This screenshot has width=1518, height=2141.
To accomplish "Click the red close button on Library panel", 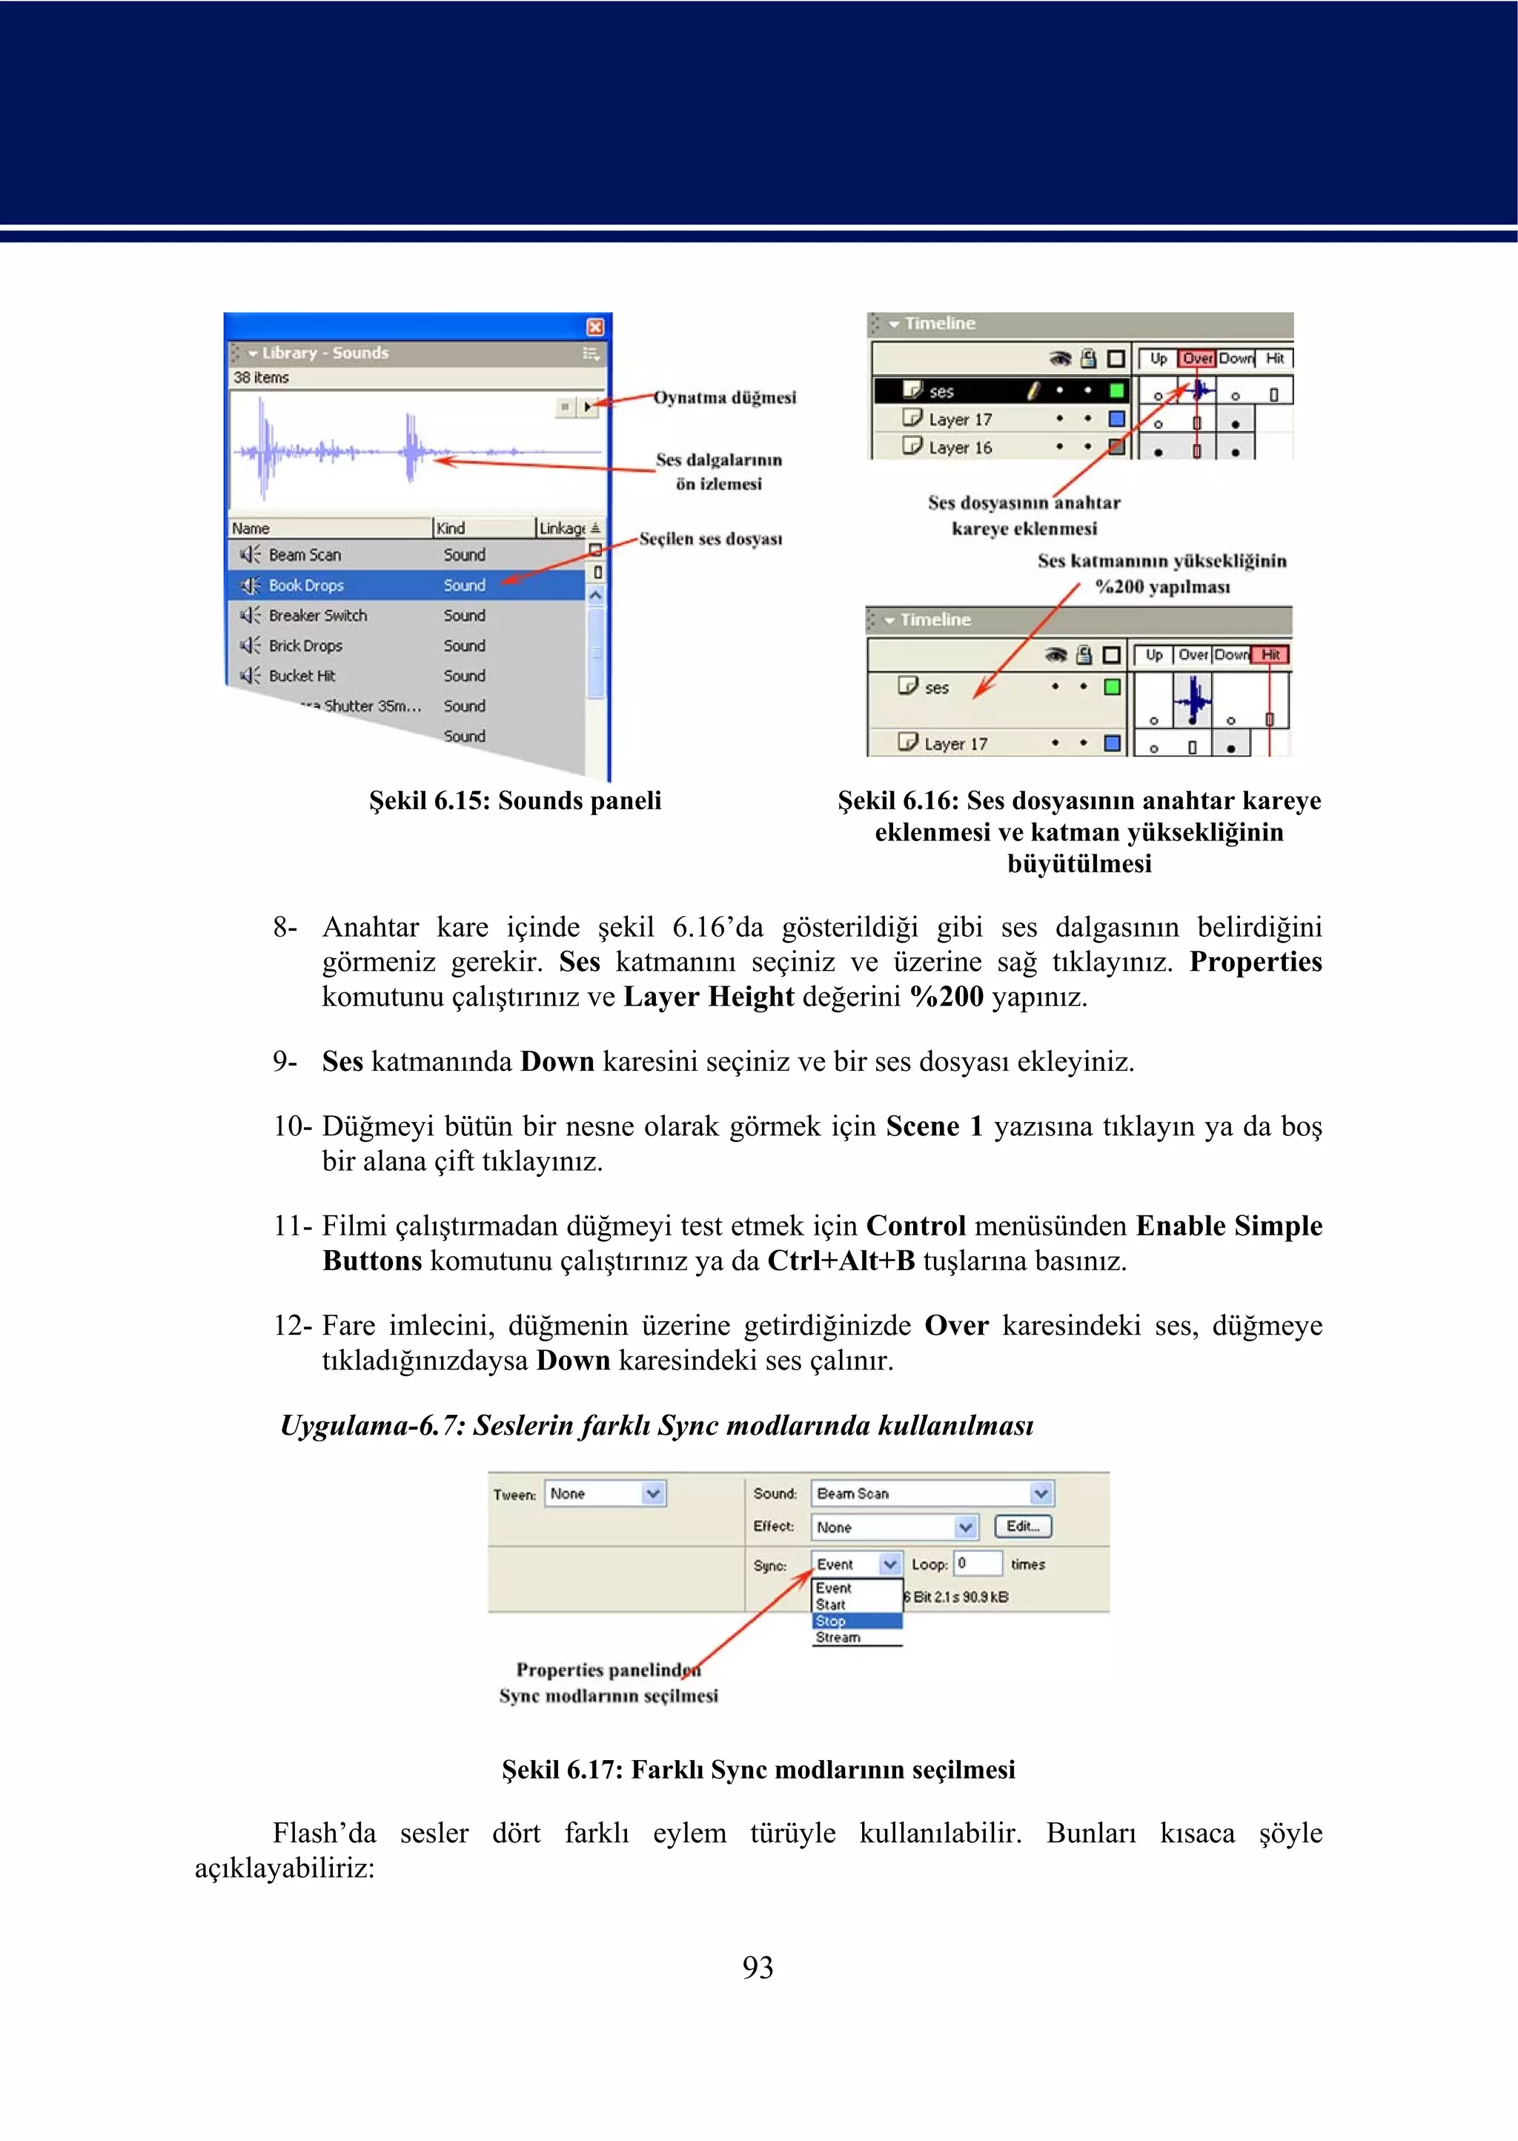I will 594,327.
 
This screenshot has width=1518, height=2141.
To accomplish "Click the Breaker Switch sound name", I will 318,615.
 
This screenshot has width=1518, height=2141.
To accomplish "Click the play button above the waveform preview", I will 587,407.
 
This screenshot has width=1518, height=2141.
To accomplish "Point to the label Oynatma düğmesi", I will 724,397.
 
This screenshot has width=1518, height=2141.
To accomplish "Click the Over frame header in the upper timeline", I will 1196,359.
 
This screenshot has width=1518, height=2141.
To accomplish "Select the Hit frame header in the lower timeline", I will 1270,655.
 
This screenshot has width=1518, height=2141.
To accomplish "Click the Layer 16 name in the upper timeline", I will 960,448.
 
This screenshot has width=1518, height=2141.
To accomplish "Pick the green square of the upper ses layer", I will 1116,391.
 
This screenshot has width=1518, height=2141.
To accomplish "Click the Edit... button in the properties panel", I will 1023,1526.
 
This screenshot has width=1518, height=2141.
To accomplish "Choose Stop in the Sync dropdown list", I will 831,1621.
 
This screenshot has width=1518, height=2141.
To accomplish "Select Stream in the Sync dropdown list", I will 838,1637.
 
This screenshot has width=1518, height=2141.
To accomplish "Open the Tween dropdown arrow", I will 652,1493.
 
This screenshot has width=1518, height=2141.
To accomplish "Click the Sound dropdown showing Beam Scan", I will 931,1493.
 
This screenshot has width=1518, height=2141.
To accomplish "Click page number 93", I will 758,1967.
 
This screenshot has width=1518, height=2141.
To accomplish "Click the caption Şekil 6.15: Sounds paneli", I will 515,801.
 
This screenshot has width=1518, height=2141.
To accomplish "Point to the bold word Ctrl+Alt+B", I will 841,1261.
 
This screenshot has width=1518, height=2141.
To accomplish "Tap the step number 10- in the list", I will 293,1126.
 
